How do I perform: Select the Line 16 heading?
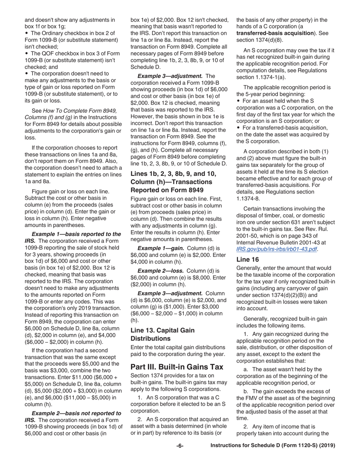247,260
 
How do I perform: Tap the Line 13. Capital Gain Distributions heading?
163,334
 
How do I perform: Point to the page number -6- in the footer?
180,446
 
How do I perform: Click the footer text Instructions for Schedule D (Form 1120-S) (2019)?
273,446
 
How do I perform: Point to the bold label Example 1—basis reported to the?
76,234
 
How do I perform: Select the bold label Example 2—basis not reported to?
76,413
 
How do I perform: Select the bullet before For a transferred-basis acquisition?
238,128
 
